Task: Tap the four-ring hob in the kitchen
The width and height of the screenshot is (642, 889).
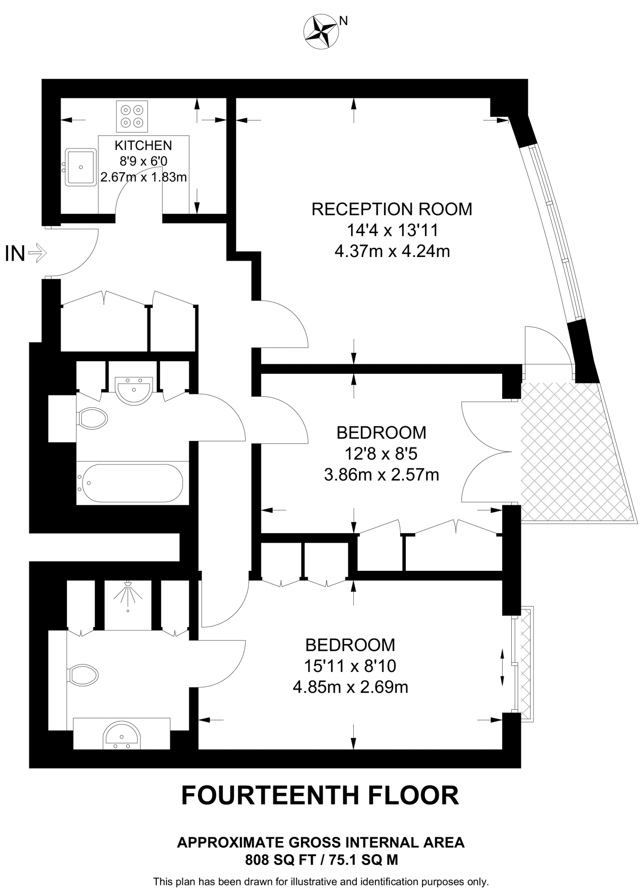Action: click(132, 116)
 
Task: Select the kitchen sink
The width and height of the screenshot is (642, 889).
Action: click(81, 167)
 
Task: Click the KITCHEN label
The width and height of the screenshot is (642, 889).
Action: click(143, 145)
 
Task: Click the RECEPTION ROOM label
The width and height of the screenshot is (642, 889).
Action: click(392, 209)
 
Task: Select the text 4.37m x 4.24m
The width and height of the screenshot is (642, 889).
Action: click(392, 251)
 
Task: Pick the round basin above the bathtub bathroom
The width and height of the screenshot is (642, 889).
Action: click(134, 390)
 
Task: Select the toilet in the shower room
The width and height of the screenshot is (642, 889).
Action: click(83, 675)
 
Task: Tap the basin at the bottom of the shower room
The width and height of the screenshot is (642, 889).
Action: click(122, 736)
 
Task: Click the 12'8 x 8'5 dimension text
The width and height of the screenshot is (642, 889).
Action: click(381, 454)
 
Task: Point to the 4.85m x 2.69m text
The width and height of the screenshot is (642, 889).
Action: click(350, 688)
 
